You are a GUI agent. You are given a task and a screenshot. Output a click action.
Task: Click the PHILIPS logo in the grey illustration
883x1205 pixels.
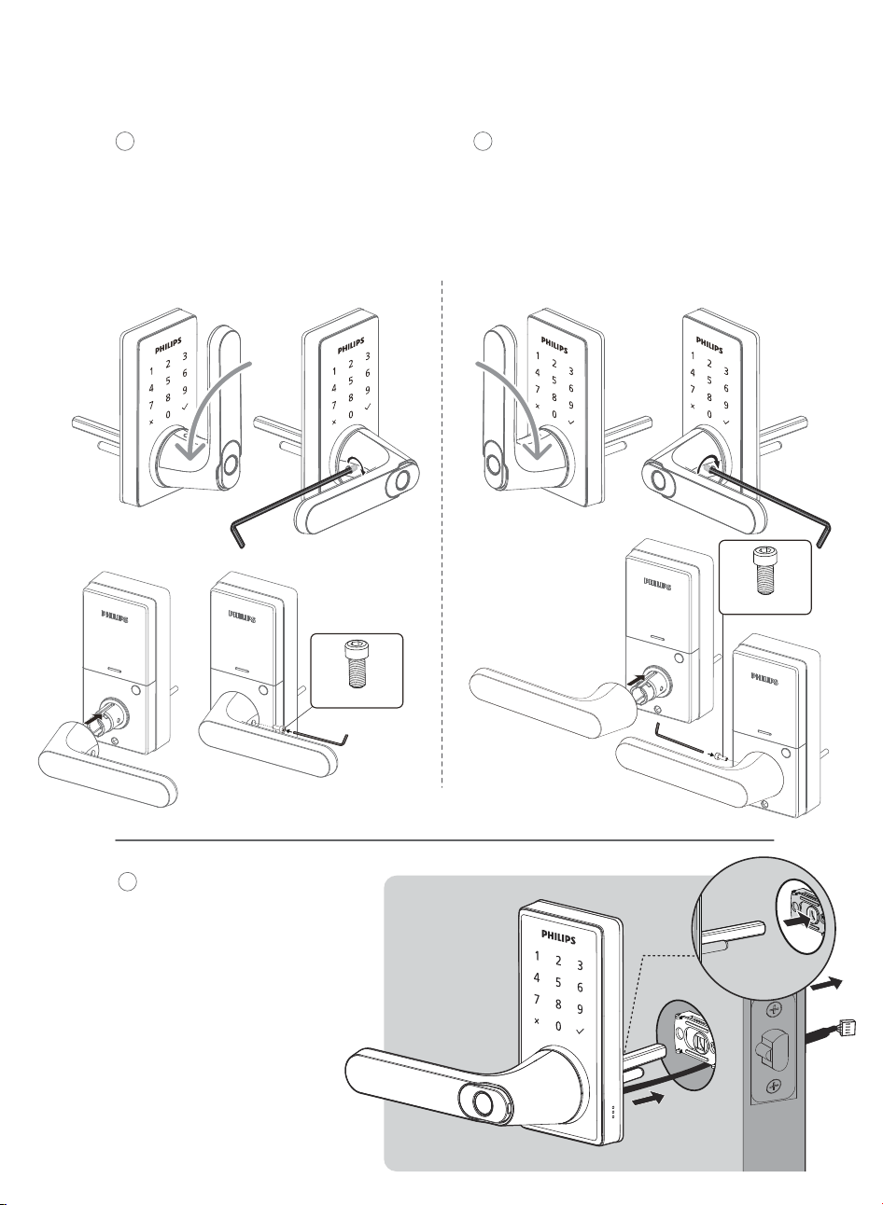(558, 937)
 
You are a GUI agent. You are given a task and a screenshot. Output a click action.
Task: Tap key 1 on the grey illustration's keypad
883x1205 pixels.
(537, 957)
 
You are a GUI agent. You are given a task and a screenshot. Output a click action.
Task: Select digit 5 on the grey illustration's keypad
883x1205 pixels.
(558, 982)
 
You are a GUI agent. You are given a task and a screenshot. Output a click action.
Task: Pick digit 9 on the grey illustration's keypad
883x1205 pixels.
(580, 1009)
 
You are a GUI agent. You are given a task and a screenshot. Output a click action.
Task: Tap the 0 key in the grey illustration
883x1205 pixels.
(558, 1026)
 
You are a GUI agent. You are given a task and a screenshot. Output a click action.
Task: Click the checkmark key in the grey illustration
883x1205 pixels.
(580, 1032)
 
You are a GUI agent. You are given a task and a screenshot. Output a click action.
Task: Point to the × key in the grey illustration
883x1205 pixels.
(537, 1021)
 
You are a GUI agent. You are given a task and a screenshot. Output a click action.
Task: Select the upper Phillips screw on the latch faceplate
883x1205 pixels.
(774, 1010)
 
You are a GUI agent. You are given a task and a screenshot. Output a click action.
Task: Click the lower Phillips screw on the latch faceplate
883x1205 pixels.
(774, 1085)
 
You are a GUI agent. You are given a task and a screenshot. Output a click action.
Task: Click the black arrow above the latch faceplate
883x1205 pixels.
(825, 986)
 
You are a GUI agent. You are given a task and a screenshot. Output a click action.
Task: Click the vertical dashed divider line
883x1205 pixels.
(442, 534)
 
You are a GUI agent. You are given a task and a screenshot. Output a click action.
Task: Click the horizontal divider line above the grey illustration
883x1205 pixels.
(444, 839)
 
